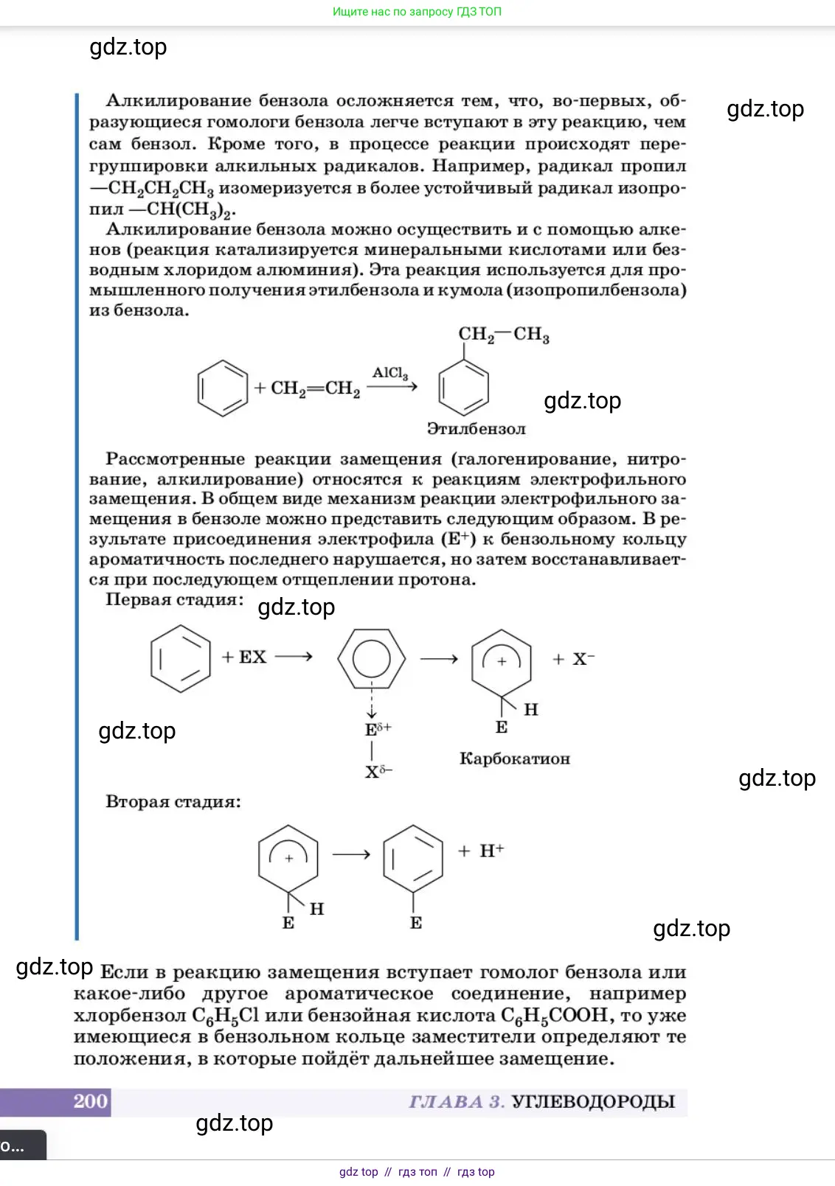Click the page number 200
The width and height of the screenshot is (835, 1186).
pyautogui.click(x=91, y=1101)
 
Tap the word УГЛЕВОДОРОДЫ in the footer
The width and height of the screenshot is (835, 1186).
pyautogui.click(x=593, y=1102)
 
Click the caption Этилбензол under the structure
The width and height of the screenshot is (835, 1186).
pyautogui.click(x=477, y=429)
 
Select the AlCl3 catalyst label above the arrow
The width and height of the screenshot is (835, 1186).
pyautogui.click(x=389, y=373)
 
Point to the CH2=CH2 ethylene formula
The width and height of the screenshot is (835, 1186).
pyautogui.click(x=315, y=388)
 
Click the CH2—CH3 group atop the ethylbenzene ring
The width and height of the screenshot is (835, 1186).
pyautogui.click(x=504, y=335)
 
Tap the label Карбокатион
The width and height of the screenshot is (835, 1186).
pyautogui.click(x=515, y=758)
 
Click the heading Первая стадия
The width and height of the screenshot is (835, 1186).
pyautogui.click(x=174, y=599)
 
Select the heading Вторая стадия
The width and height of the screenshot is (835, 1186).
pyautogui.click(x=173, y=801)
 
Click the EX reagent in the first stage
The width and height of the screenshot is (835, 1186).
pyautogui.click(x=252, y=657)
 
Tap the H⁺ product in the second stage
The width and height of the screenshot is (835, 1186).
pyautogui.click(x=491, y=851)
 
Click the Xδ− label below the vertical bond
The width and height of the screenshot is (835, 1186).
pyautogui.click(x=378, y=772)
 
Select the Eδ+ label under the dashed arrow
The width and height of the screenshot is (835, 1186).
pyautogui.click(x=378, y=730)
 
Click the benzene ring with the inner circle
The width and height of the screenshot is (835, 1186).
pyautogui.click(x=372, y=659)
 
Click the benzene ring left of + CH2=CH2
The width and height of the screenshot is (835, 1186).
pyautogui.click(x=223, y=388)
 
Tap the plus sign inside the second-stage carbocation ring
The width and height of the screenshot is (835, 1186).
pyautogui.click(x=289, y=858)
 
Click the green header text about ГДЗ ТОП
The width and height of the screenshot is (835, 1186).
pyautogui.click(x=417, y=12)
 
